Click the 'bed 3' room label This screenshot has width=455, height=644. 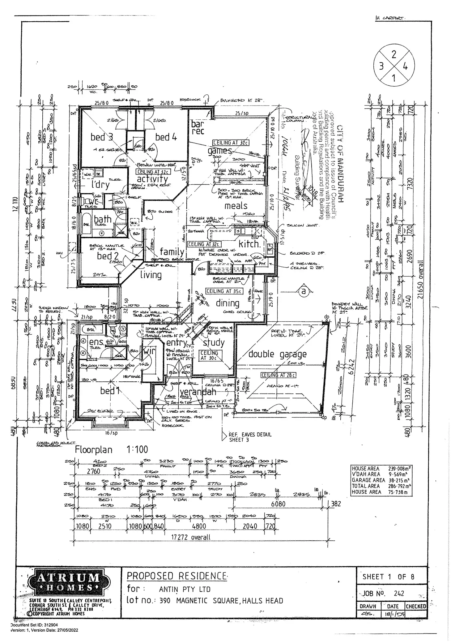click(102, 137)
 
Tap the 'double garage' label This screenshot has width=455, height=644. click(277, 354)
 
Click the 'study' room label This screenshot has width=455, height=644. click(214, 342)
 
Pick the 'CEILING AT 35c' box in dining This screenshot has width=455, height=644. click(224, 291)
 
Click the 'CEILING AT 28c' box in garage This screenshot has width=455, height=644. click(279, 375)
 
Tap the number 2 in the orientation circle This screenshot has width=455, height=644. click(394, 55)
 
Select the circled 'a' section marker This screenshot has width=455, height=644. click(304, 291)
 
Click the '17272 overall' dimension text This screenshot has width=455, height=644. click(191, 537)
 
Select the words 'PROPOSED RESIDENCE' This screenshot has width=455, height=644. click(177, 576)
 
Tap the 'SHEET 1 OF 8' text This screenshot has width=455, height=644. click(388, 577)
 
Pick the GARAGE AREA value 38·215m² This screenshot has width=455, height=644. click(399, 480)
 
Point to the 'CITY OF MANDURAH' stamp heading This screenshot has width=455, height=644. click(340, 164)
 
